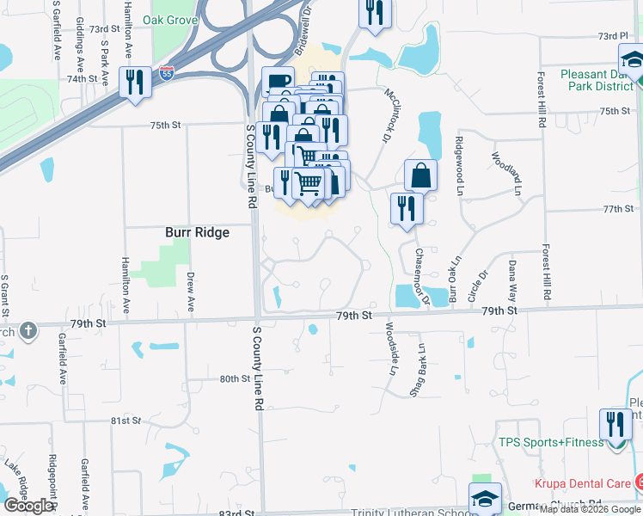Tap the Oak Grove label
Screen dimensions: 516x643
pyautogui.click(x=168, y=20)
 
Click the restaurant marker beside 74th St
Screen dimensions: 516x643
pyautogui.click(x=135, y=83)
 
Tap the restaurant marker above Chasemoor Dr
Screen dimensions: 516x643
pyautogui.click(x=406, y=208)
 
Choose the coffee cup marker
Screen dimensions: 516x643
pyautogui.click(x=278, y=83)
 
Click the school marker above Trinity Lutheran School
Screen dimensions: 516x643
pyautogui.click(x=485, y=498)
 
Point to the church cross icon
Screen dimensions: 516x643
pyautogui.click(x=28, y=330)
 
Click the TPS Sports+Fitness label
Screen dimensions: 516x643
pyautogui.click(x=550, y=444)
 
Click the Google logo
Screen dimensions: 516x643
pyautogui.click(x=28, y=506)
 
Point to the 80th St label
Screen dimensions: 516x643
pyautogui.click(x=234, y=379)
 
